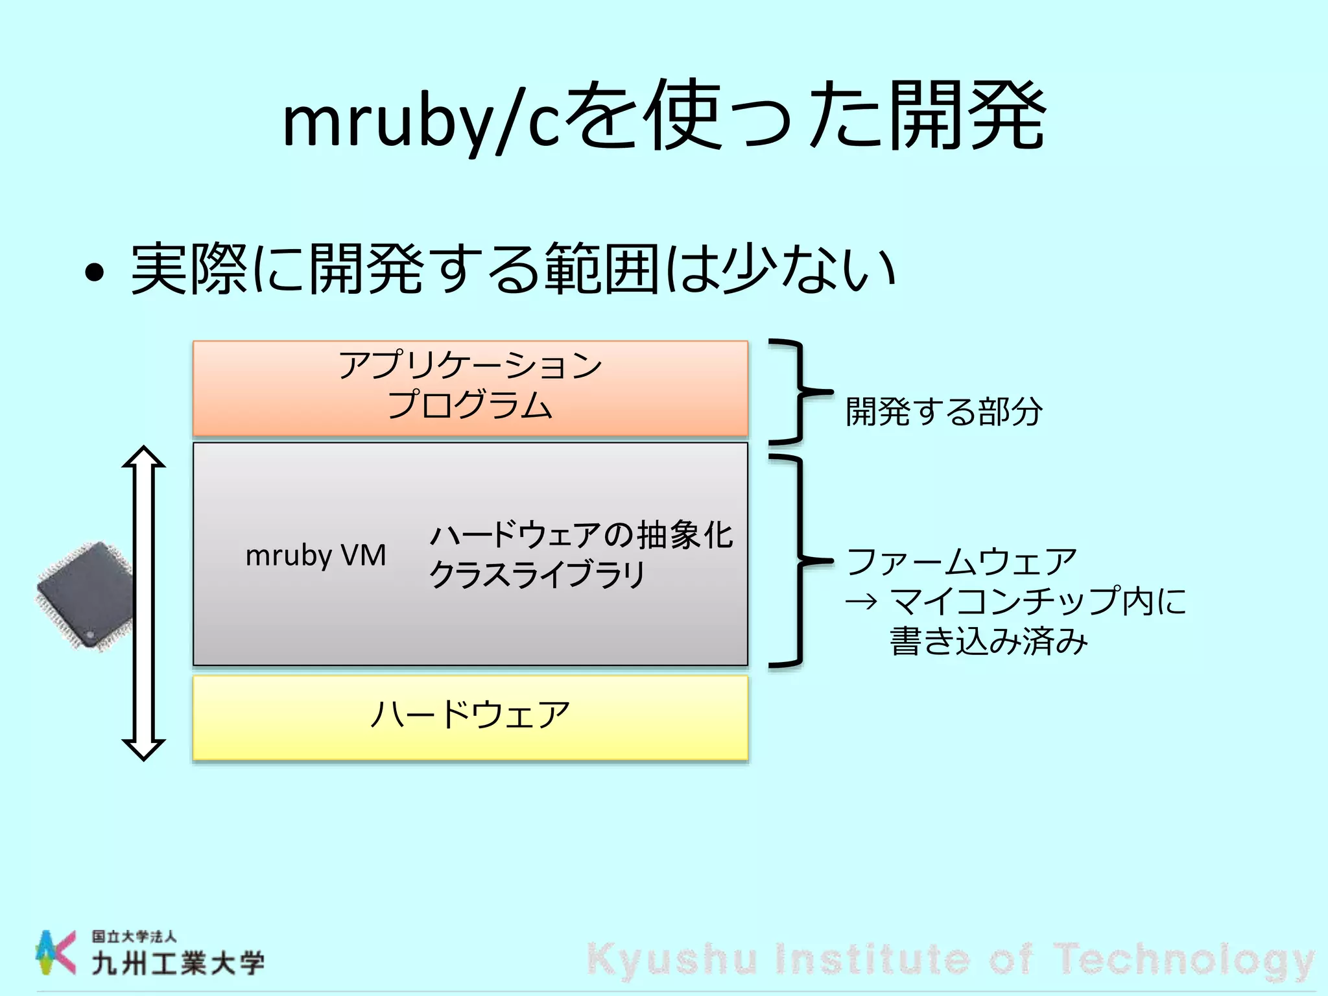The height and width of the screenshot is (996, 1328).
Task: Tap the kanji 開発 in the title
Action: (966, 117)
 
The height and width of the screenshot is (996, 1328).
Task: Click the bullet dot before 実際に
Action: (95, 273)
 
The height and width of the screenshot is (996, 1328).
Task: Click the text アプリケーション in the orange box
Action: (470, 365)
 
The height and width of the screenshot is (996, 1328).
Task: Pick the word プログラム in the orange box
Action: (470, 405)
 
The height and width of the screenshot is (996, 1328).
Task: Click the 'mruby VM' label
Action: (316, 556)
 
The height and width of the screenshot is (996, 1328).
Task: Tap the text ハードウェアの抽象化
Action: (581, 536)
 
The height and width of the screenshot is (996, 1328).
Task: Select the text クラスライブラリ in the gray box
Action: (537, 575)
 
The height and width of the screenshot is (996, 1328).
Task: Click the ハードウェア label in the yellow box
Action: (470, 715)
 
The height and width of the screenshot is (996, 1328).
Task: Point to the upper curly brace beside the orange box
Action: (799, 392)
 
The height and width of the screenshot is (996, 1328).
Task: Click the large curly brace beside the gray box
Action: (799, 561)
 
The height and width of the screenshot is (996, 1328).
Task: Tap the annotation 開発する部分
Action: (944, 412)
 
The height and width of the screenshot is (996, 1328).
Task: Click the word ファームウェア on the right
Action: (962, 562)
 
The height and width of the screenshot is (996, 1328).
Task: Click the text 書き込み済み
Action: (988, 641)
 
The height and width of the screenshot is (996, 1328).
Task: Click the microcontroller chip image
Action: (84, 595)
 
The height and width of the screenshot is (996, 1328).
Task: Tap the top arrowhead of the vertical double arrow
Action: (144, 456)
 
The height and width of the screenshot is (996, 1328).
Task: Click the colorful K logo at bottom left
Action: (56, 952)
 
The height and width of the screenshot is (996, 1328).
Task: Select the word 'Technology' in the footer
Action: (1183, 958)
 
